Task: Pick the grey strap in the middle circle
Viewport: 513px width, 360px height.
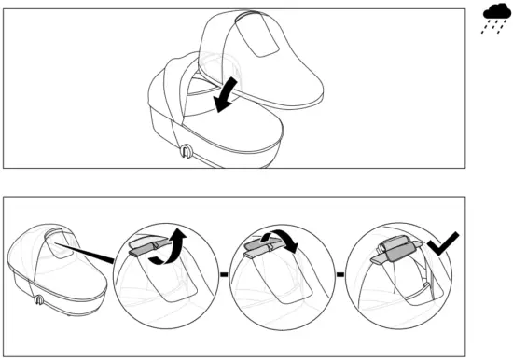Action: click(x=258, y=248)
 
